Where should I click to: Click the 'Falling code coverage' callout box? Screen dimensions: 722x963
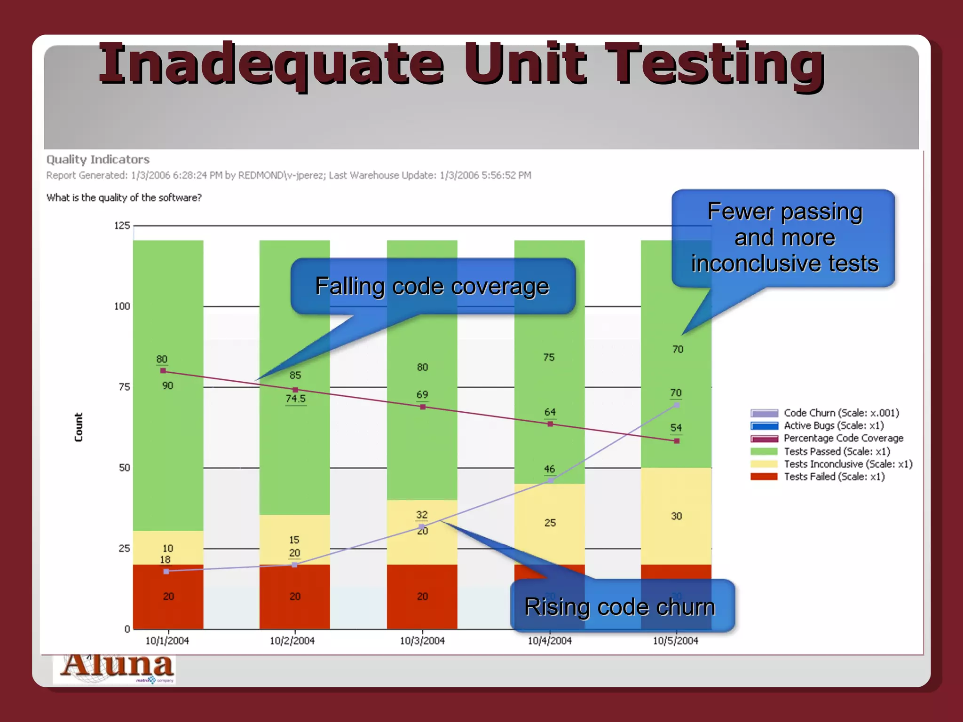click(x=433, y=286)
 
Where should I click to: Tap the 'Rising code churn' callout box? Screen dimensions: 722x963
click(x=622, y=606)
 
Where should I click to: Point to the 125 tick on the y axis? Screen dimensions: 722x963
click(x=122, y=226)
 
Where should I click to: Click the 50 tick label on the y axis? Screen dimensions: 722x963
click(x=124, y=468)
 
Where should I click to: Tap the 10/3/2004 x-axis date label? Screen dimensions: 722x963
click(x=422, y=641)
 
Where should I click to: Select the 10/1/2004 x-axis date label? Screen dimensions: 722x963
click(x=167, y=641)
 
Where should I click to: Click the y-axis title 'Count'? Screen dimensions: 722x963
click(x=79, y=427)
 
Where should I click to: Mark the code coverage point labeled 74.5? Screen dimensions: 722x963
click(x=295, y=390)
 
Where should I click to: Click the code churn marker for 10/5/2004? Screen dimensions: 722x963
click(x=677, y=405)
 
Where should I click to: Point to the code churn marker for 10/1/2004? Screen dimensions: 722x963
click(x=166, y=571)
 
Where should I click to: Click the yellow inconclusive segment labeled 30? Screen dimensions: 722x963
click(x=676, y=516)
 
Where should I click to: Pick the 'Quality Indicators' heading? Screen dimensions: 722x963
click(x=98, y=160)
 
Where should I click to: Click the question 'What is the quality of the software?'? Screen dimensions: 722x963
click(x=124, y=198)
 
